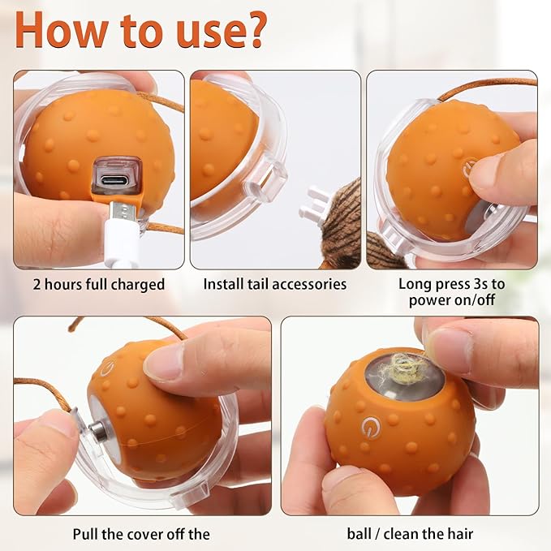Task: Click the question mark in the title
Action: [250, 30]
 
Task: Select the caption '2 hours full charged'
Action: [99, 284]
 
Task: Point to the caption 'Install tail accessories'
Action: [275, 284]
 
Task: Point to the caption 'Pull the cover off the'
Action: [141, 533]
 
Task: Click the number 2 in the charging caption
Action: [37, 284]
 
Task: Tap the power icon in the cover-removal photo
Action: [105, 369]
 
